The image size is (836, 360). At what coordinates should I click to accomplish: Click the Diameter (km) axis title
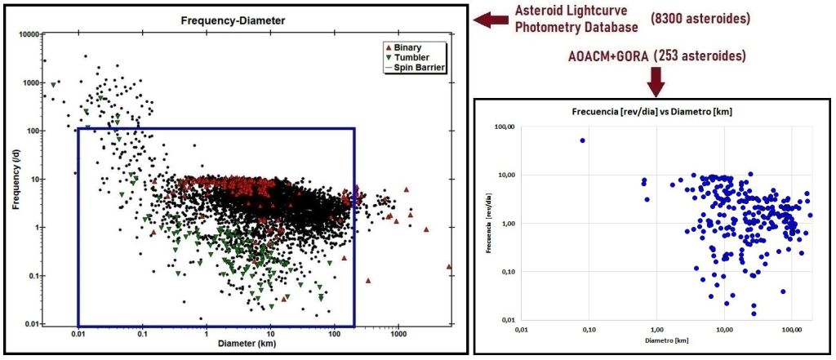coord(247,344)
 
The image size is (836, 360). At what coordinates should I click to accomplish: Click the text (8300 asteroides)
coord(700,20)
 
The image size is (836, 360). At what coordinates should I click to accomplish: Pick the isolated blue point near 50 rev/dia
coord(582,140)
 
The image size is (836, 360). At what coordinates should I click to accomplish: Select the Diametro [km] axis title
coord(656,340)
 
